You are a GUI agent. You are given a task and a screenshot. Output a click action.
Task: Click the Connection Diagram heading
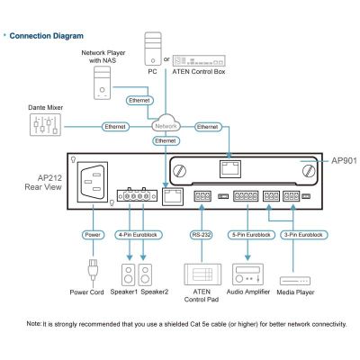coord(46,36)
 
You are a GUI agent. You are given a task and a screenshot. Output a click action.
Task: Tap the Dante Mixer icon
coord(45,125)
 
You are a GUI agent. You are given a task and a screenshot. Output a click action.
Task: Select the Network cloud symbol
coord(166,124)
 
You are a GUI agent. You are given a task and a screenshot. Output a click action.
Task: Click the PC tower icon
coord(153,49)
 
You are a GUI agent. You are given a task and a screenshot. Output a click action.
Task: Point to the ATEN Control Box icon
coord(199,60)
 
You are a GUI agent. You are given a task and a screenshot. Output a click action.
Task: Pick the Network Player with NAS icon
coord(103,83)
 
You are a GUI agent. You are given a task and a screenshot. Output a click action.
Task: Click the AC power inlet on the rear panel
coord(93,182)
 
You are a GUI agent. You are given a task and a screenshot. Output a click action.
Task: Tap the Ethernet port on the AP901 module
coord(230,169)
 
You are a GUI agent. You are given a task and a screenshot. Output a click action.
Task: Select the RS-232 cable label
coord(202,235)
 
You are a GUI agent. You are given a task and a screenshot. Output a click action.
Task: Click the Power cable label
coord(93,235)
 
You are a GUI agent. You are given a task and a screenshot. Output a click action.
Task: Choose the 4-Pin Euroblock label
coord(139,235)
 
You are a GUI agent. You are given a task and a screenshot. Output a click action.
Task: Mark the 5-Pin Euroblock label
coord(251,235)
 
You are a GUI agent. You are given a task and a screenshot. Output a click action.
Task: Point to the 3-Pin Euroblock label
coord(303,235)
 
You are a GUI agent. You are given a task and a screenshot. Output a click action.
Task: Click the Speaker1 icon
coord(129,274)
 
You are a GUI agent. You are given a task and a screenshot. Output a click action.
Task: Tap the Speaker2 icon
coord(145,274)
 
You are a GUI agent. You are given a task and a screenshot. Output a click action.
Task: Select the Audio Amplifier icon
coord(248,274)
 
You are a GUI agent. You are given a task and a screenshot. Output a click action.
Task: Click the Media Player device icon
coord(295,281)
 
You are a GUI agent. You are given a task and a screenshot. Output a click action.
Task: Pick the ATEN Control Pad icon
coord(202,274)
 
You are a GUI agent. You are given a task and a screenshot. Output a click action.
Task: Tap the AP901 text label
coord(344,161)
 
